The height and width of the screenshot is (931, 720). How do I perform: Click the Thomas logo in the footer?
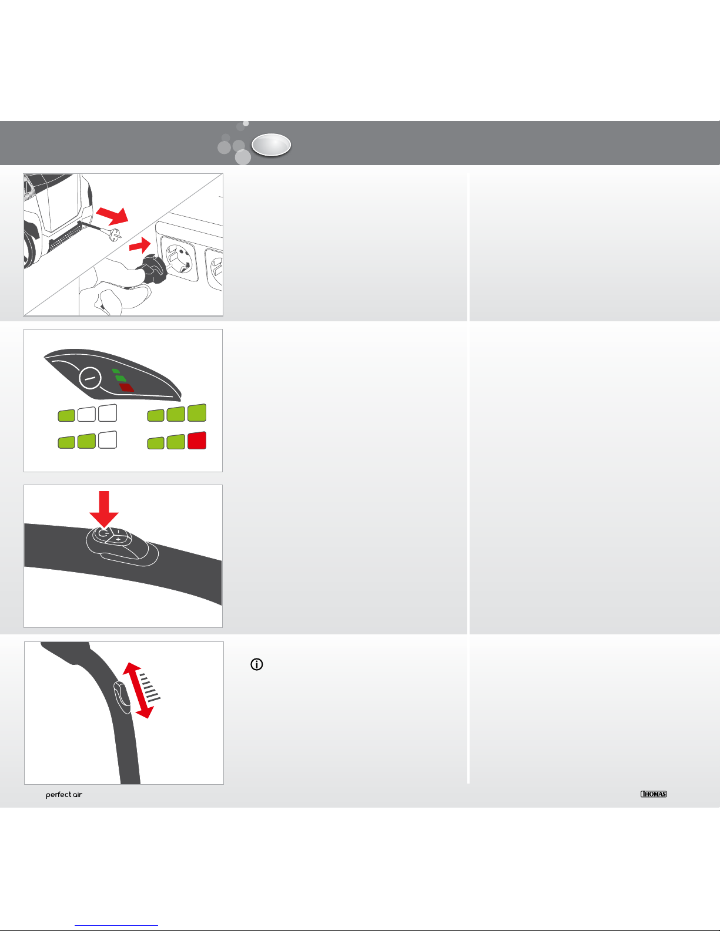point(654,794)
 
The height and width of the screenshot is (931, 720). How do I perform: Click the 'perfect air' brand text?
point(64,795)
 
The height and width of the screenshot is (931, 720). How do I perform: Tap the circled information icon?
point(257,664)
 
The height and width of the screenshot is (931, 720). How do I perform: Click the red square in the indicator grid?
point(197,441)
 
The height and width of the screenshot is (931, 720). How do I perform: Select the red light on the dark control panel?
point(126,388)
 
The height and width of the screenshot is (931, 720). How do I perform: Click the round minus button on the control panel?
point(90,378)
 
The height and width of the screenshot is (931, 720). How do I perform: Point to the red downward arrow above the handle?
point(103,509)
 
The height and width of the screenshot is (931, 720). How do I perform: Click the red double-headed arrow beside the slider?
point(139,690)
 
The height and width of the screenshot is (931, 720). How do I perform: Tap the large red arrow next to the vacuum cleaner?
point(113,216)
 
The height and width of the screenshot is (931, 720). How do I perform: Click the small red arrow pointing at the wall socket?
point(140,246)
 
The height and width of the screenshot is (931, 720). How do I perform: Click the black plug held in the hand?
point(152,269)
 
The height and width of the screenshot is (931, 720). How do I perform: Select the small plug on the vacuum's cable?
point(115,234)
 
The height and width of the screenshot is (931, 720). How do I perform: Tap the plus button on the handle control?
point(118,539)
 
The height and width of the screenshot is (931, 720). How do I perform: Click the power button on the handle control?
point(102,533)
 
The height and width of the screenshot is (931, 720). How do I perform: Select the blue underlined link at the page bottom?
point(116,926)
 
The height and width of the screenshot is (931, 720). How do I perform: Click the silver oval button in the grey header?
point(272,145)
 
